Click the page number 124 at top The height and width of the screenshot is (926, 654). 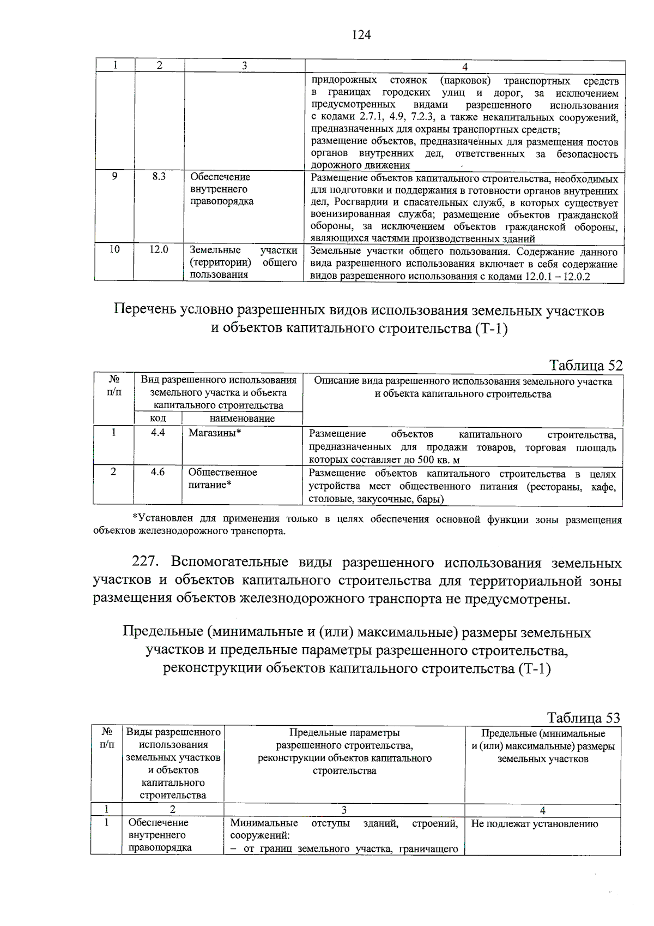361,35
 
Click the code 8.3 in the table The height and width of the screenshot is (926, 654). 159,177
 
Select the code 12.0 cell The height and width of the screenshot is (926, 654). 159,249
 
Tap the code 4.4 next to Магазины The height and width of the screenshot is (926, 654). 158,433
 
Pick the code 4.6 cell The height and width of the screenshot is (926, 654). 158,472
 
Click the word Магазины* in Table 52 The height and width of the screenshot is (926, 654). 215,433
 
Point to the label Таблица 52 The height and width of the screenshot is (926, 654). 585,365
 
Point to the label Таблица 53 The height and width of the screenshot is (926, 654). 583,718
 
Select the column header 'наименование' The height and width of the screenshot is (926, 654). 242,419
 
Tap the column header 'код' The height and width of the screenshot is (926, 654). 158,419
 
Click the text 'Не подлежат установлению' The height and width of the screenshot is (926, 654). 534,824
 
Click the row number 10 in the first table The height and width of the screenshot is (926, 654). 114,249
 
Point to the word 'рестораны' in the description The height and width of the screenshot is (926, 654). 556,487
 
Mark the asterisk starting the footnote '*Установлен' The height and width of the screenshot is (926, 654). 135,518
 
